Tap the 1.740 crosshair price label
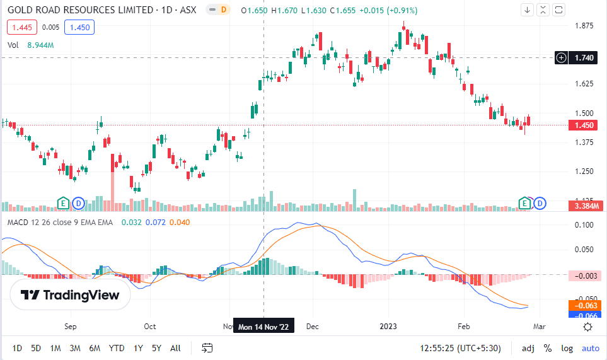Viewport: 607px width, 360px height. (x=584, y=57)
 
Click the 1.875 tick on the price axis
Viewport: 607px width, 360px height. (x=584, y=26)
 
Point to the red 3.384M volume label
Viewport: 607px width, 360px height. (x=586, y=206)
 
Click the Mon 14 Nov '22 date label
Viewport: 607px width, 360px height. (x=263, y=327)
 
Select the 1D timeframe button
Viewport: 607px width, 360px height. (x=17, y=347)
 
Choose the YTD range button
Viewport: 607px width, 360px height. (x=116, y=347)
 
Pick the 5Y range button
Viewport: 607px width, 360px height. (x=156, y=347)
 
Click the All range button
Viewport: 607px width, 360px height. (x=175, y=347)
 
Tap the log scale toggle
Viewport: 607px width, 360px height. (x=567, y=347)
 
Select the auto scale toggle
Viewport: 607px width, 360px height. (x=590, y=347)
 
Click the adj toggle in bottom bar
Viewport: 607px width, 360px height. (x=528, y=347)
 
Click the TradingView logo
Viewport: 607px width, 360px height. (x=70, y=295)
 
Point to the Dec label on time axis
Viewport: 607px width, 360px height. (x=312, y=327)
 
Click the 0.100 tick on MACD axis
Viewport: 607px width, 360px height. (x=584, y=225)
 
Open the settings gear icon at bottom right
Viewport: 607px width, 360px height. (x=587, y=327)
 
